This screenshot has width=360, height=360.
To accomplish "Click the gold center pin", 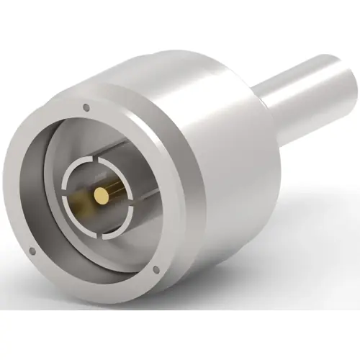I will pyautogui.click(x=101, y=194).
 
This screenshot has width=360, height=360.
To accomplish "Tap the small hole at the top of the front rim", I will pyautogui.click(x=87, y=108).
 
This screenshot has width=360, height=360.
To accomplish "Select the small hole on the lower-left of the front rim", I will pyautogui.click(x=32, y=251).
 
